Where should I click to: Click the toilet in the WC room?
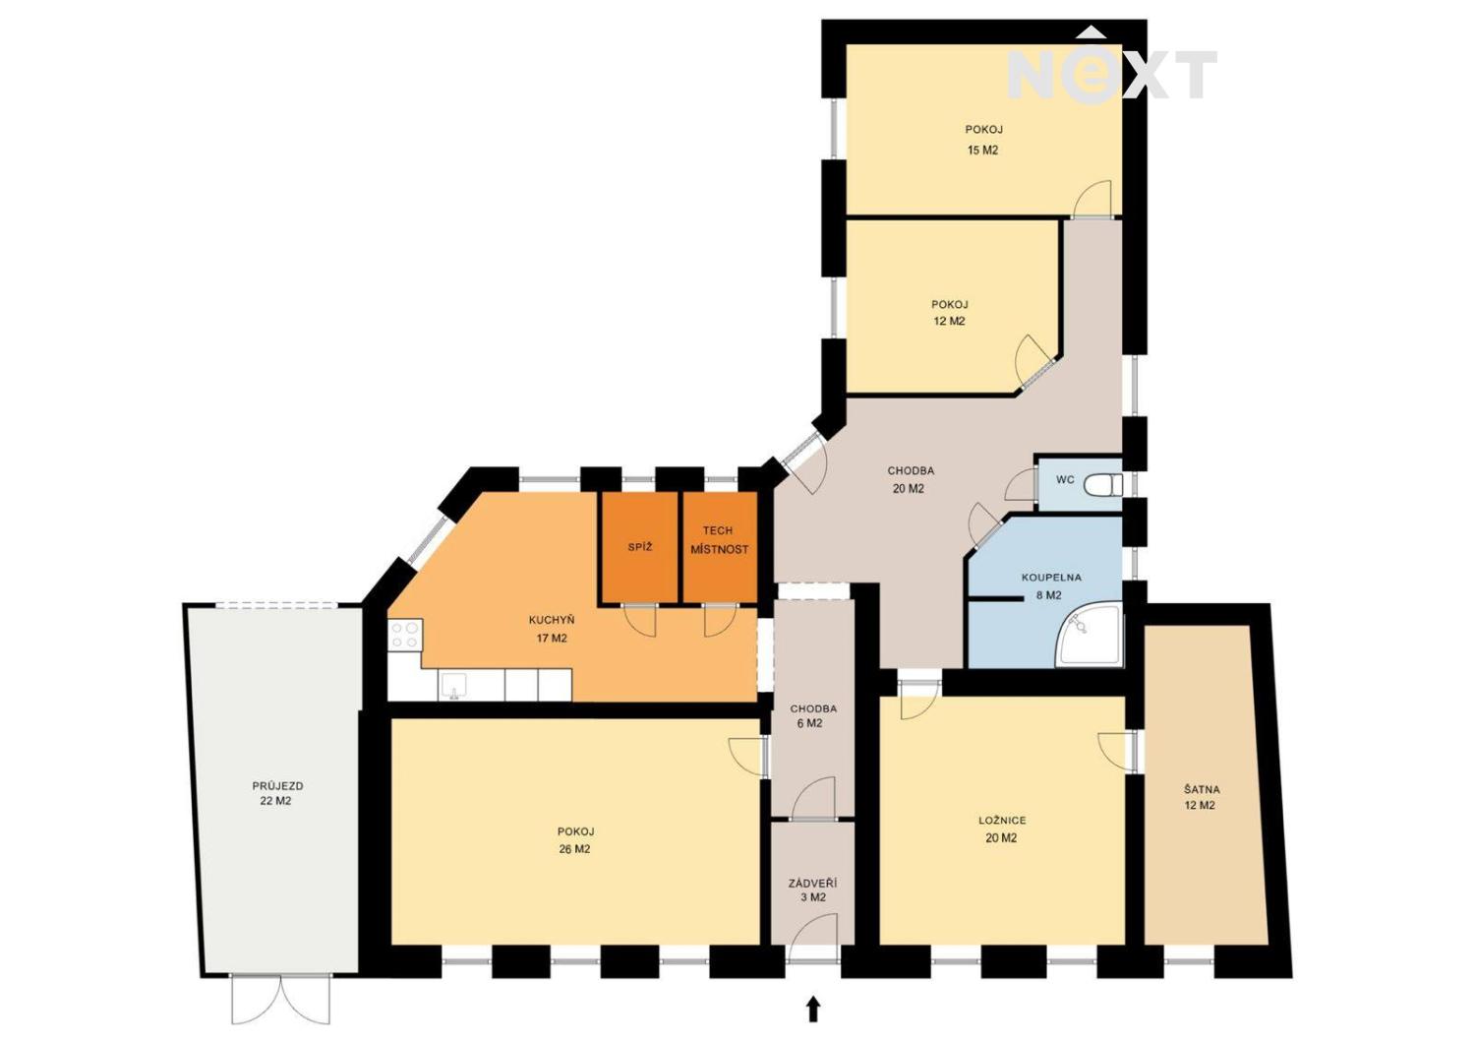click(1103, 485)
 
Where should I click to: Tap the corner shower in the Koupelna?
click(1089, 636)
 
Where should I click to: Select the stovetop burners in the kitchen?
click(405, 634)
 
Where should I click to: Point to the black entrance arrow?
click(814, 1009)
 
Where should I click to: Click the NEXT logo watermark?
click(1111, 67)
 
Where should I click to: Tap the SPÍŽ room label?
click(639, 547)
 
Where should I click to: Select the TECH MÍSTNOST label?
click(719, 540)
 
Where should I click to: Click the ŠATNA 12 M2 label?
click(1201, 797)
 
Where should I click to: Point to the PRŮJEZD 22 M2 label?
click(277, 793)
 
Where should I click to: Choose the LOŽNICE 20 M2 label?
click(1002, 829)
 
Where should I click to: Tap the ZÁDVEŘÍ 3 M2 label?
click(812, 890)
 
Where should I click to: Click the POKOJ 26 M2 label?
click(575, 840)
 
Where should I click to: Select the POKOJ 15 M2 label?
click(983, 140)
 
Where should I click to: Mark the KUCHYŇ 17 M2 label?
click(551, 629)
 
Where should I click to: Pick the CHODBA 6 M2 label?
click(813, 715)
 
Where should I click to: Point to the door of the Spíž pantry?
click(640, 620)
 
